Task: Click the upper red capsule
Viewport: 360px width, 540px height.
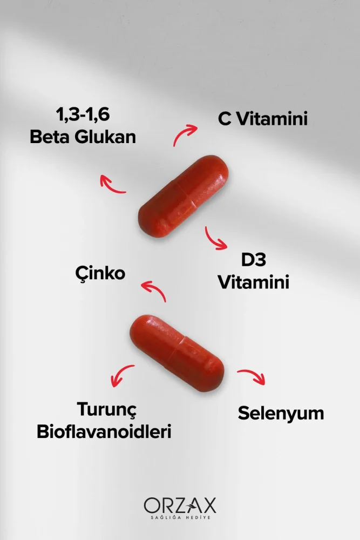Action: pos(184,195)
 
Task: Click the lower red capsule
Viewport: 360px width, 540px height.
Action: pos(177,352)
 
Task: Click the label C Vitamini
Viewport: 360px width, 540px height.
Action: pos(263,119)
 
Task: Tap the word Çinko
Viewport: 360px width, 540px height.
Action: pos(100,273)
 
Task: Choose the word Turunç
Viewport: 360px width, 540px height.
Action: pos(107,409)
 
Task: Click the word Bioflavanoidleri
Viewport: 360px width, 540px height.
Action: pos(104,431)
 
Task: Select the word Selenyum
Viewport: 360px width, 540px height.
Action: pos(281,414)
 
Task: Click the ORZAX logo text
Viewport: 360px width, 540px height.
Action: pos(180,505)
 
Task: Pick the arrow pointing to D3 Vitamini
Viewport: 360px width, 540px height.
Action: pos(215,238)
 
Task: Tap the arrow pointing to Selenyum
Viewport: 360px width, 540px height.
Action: pos(252,376)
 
